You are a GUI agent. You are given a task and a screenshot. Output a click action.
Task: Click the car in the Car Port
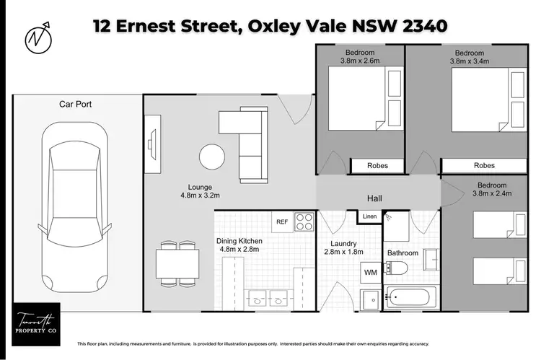[x=75, y=210]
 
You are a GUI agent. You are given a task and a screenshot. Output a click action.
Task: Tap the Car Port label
[x=75, y=105]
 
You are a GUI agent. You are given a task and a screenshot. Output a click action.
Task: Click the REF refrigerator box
[x=282, y=221]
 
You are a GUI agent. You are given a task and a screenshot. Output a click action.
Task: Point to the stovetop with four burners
[x=304, y=221]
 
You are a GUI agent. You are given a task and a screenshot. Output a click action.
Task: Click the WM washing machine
[x=371, y=273]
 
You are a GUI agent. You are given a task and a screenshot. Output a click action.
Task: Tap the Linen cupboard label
[x=369, y=216]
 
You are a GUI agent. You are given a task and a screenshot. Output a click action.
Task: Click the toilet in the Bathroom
[x=397, y=269]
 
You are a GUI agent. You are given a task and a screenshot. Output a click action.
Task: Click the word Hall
[x=374, y=198]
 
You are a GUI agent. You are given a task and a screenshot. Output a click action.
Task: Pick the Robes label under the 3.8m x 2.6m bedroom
[x=377, y=166]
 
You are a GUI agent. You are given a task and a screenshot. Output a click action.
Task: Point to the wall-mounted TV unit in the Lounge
[x=152, y=150]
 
